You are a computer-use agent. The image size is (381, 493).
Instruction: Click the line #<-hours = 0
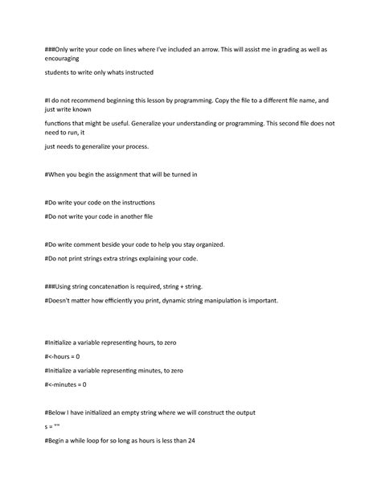(68, 356)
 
